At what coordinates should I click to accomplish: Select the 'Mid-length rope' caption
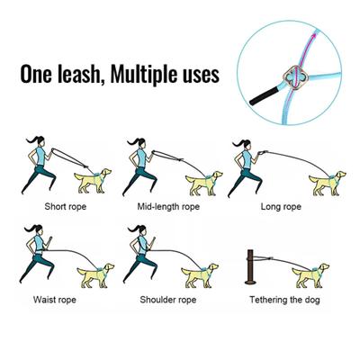tap(167, 205)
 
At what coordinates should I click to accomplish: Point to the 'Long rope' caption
tap(279, 205)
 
